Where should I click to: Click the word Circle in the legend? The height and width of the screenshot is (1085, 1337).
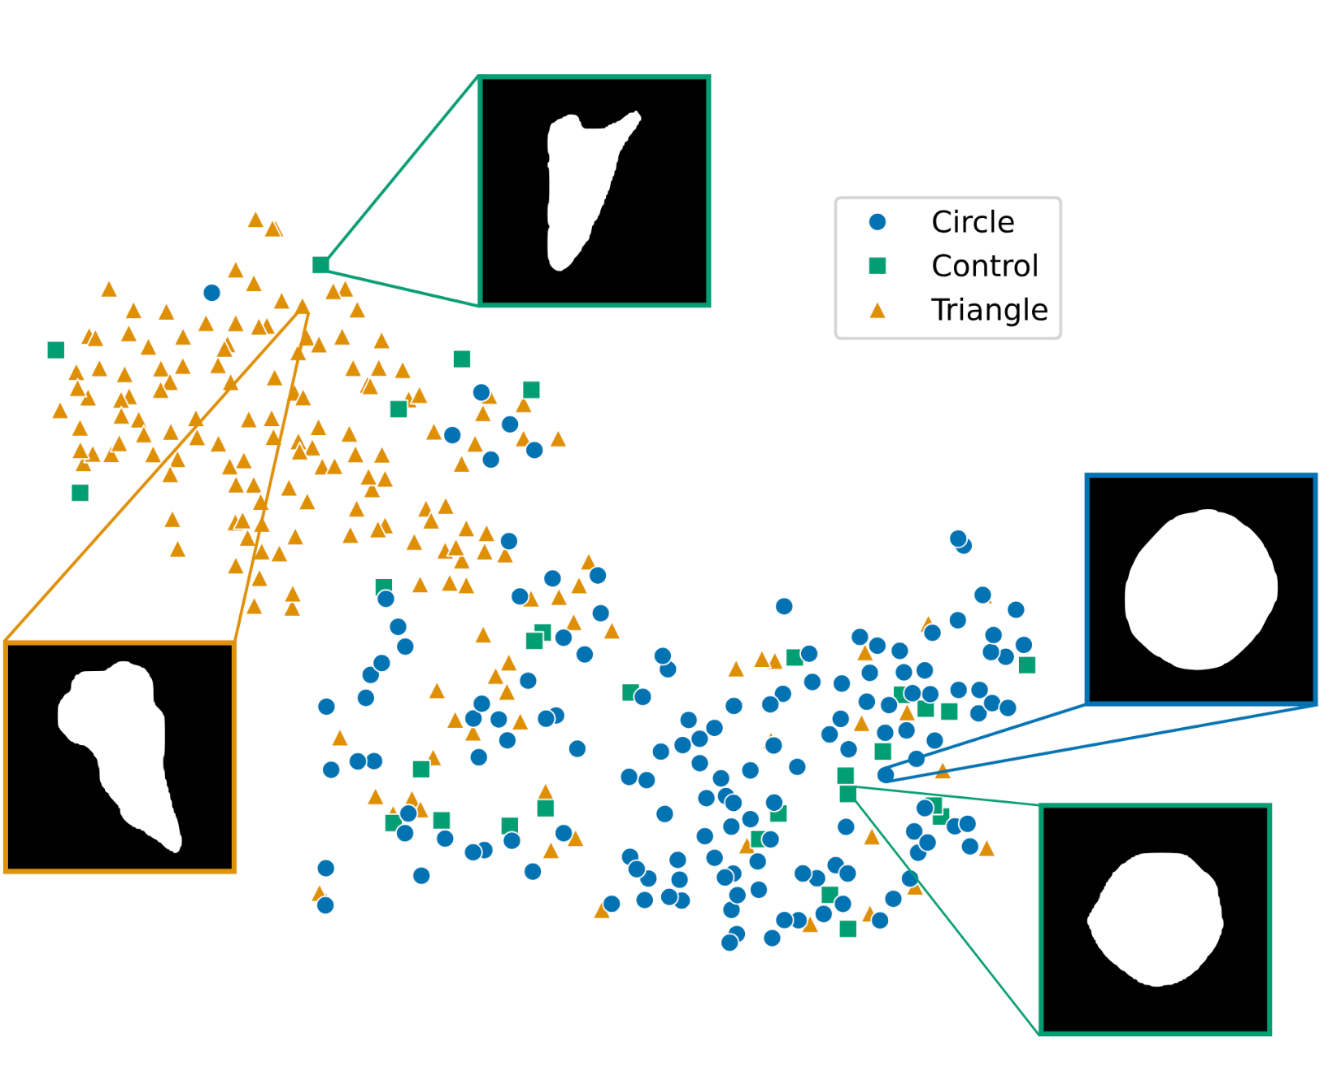point(972,222)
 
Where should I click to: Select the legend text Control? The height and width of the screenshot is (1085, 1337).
point(984,266)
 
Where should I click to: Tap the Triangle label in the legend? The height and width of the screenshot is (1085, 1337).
point(989,310)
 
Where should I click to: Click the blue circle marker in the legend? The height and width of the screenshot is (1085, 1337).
point(877,222)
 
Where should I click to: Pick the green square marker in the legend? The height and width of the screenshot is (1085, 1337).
point(877,266)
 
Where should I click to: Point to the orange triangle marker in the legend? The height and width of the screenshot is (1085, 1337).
point(877,310)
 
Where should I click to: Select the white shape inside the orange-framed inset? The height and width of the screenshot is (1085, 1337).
point(122,748)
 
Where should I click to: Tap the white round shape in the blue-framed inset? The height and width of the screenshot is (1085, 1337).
point(1200,589)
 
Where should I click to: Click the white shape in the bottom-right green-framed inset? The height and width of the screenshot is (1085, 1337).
point(1156,919)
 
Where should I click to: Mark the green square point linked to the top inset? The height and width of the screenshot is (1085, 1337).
point(320,264)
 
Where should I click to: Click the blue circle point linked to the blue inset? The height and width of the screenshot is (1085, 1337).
point(886,774)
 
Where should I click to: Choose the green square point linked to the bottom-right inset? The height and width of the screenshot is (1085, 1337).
point(847,793)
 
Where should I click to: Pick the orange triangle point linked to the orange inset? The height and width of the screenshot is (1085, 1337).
point(303,307)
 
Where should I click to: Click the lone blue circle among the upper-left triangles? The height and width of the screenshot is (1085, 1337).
point(211,293)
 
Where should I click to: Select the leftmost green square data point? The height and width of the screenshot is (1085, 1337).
point(56,350)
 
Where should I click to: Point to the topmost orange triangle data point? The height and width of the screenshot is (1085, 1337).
point(255,220)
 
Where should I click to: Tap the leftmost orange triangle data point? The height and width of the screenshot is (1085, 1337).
point(60,412)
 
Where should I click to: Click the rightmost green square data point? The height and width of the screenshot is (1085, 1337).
point(1027,665)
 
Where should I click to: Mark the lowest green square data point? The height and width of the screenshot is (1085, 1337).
point(847,929)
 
